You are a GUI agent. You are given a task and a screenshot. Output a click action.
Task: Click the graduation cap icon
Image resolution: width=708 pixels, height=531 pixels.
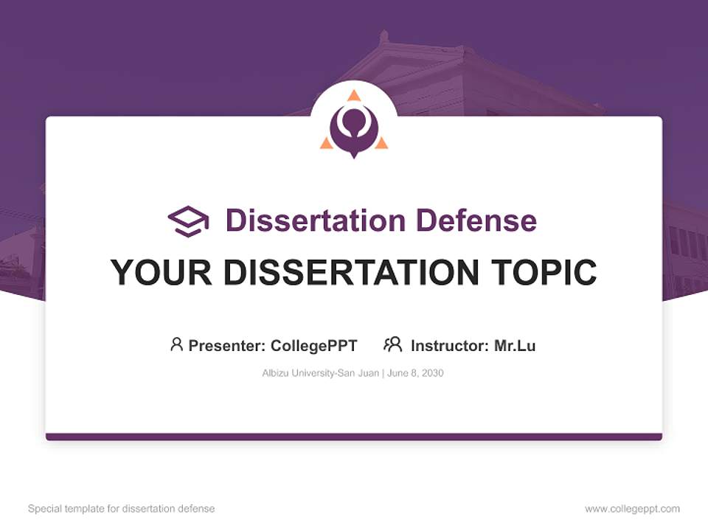(x=188, y=221)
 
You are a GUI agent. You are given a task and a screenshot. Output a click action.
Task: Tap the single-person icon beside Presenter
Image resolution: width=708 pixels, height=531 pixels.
(x=176, y=344)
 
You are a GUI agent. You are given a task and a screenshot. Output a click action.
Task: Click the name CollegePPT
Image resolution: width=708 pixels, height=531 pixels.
(x=314, y=346)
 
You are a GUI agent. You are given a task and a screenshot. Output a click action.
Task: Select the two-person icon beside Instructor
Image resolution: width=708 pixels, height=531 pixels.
(x=392, y=344)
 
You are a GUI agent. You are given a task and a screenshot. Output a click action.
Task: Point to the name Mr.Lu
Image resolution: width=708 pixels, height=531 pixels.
(x=515, y=346)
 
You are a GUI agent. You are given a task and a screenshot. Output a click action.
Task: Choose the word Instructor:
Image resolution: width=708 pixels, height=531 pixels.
(x=450, y=346)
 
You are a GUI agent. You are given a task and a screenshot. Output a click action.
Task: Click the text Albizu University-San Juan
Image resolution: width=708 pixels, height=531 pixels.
(x=320, y=373)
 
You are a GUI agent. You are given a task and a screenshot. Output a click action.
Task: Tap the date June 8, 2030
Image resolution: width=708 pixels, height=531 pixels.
(x=414, y=373)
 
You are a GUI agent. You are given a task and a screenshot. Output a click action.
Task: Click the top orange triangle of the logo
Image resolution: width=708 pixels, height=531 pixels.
(x=354, y=95)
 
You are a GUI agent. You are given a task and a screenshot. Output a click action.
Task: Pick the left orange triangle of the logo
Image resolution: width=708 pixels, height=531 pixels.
(x=326, y=143)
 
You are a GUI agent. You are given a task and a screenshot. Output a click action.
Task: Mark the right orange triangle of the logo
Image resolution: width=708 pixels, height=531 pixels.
(x=381, y=143)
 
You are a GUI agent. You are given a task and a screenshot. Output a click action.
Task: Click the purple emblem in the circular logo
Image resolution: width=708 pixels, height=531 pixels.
(x=354, y=130)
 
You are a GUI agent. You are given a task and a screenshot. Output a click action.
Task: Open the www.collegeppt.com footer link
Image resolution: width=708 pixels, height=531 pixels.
(x=632, y=509)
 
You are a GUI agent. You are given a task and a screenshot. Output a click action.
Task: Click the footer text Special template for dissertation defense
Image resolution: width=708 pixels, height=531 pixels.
(x=122, y=509)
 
